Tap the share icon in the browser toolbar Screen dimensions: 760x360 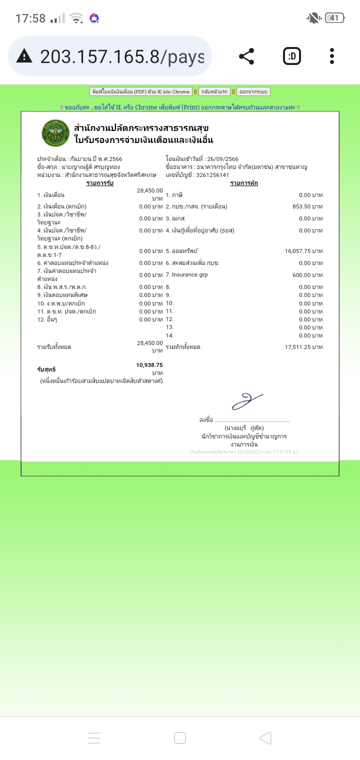246,56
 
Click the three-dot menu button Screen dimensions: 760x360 332,56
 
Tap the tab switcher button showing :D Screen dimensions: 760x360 292,56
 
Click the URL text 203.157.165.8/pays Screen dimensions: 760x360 122,56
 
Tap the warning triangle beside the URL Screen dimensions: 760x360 24,56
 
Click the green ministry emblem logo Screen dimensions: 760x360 55,133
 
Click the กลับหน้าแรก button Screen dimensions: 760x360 214,91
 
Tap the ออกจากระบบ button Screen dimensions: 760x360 253,91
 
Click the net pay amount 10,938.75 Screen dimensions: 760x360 149,365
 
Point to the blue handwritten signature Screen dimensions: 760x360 246,400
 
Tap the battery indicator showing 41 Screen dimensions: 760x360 334,18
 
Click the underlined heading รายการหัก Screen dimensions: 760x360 244,183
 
